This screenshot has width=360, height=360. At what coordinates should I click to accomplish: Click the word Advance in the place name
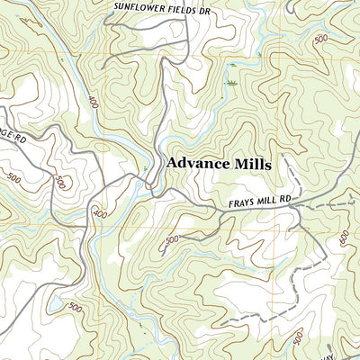198,165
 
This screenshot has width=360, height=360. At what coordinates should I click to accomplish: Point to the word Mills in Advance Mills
253,165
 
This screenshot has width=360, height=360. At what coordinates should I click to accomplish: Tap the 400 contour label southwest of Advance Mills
99,214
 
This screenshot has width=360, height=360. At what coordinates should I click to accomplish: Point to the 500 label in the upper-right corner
320,40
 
